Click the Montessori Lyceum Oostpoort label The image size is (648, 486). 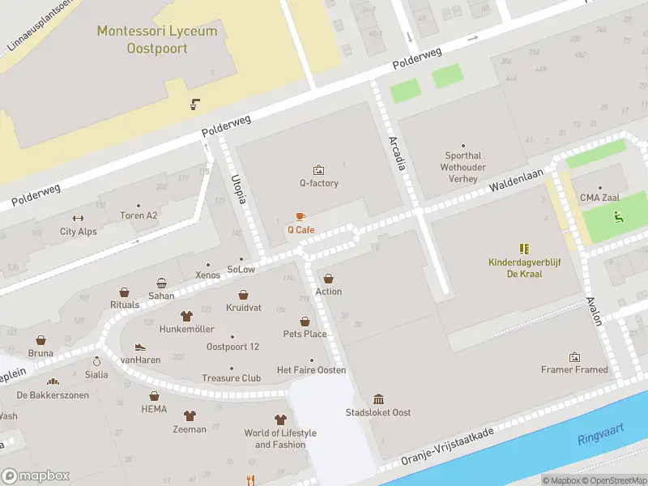coord(157,40)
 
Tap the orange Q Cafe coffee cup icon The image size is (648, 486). coord(301,216)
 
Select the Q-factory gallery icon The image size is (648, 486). coord(318,170)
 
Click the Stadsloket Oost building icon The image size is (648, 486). coord(378,399)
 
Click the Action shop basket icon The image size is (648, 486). coord(329,279)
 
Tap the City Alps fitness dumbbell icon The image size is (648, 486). coord(78,218)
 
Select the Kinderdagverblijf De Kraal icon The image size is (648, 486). coord(524,249)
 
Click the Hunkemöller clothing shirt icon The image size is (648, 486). coord(186,316)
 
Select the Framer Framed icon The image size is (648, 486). coord(574,356)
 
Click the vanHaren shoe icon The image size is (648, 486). coord(140,347)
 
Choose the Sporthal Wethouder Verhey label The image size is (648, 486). coord(463,167)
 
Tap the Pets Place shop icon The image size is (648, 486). coord(305,321)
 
